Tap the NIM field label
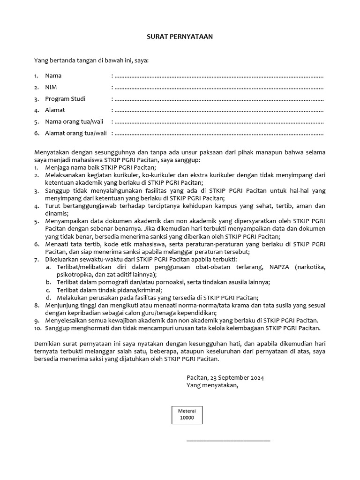(x=51, y=87)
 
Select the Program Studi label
(x=65, y=99)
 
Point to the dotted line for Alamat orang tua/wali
(x=218, y=134)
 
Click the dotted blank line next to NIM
(x=218, y=88)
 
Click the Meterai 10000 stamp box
(x=186, y=414)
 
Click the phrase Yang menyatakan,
(x=212, y=385)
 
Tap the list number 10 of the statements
(x=37, y=328)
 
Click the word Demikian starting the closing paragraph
(x=48, y=344)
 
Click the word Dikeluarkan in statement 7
(x=63, y=259)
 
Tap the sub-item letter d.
(x=48, y=298)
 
